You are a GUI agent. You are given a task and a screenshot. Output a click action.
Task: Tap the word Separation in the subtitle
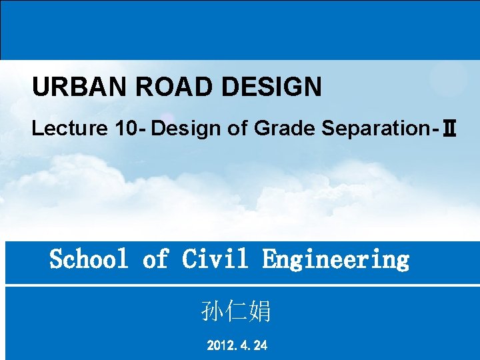pyautogui.click(x=378, y=128)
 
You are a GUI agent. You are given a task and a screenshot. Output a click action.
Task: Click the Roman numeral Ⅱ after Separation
pyautogui.click(x=449, y=129)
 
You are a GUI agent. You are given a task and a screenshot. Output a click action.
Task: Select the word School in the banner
pyautogui.click(x=89, y=259)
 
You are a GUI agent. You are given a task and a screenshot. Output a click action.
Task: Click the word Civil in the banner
pyautogui.click(x=215, y=259)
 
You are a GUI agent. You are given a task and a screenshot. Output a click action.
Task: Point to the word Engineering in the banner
pyautogui.click(x=335, y=259)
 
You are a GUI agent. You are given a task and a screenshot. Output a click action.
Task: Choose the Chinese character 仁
pyautogui.click(x=236, y=311)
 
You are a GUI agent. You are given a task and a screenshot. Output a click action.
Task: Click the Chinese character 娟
pyautogui.click(x=259, y=311)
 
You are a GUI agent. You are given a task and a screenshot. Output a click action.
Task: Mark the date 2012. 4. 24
pyautogui.click(x=237, y=345)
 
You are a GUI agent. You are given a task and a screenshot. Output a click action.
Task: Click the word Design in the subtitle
pyautogui.click(x=185, y=128)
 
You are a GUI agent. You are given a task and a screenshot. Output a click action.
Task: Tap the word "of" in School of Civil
pyautogui.click(x=155, y=259)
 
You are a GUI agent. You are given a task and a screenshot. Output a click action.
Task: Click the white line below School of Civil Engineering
pyautogui.click(x=240, y=285)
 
